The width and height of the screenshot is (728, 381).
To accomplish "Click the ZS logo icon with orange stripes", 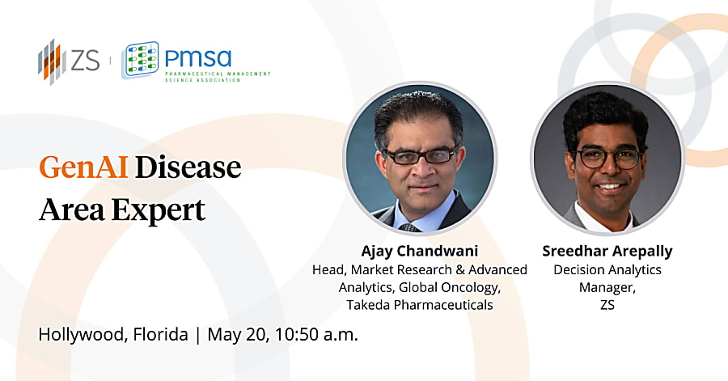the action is tap(52, 61).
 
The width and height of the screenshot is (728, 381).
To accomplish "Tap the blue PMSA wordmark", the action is tap(198, 58).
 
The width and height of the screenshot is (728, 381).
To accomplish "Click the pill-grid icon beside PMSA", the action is tap(140, 60).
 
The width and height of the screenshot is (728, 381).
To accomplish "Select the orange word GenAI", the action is tap(83, 167).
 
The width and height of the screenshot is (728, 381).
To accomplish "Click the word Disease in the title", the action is tap(188, 167).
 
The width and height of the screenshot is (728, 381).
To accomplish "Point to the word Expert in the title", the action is tap(159, 210).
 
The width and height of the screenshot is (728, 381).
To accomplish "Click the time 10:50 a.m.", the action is tap(316, 335).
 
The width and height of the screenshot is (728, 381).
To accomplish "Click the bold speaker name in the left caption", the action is tap(420, 251).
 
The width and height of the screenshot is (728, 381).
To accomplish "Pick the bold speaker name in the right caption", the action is tap(607, 251).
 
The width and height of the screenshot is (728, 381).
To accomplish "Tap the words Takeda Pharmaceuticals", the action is tap(420, 305).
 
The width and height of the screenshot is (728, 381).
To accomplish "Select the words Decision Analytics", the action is tap(607, 269).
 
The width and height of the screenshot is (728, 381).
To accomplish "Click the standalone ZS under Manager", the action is tap(607, 305).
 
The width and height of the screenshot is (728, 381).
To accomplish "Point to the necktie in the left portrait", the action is tap(409, 227).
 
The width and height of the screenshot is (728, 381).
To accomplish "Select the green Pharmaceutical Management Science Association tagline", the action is tap(218, 77).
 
